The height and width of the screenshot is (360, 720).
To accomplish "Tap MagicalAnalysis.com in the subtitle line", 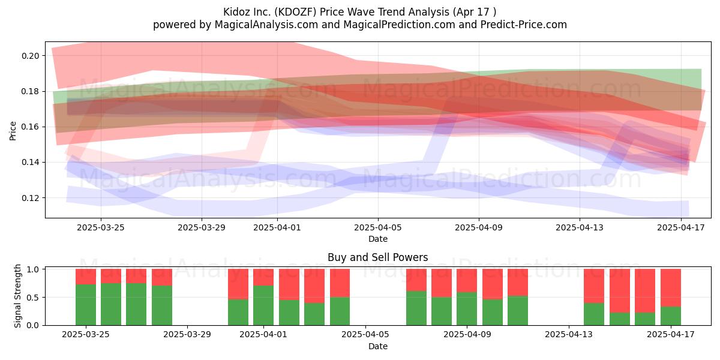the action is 266,25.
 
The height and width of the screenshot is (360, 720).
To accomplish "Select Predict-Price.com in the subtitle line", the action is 524,25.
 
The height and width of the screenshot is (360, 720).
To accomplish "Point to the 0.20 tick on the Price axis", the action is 30,56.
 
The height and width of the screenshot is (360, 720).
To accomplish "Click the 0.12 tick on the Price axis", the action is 30,198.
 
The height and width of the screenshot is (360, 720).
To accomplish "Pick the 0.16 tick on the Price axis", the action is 30,127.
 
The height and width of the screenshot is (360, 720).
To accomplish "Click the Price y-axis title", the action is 13,131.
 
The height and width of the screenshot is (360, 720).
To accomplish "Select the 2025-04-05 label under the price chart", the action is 378,227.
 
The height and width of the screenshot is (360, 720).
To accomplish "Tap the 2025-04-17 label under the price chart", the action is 681,227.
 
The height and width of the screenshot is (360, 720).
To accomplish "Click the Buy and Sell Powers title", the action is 377,257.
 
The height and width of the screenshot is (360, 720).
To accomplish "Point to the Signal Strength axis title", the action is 17,296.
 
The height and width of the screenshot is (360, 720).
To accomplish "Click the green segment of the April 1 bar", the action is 263,305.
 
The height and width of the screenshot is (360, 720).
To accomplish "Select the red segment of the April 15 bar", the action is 620,291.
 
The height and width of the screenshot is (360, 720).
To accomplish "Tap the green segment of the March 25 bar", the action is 86,305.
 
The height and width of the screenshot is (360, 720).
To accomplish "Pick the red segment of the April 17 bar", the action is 671,288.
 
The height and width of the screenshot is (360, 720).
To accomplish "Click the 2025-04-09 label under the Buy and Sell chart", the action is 467,335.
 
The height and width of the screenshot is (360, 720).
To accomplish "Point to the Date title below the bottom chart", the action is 378,347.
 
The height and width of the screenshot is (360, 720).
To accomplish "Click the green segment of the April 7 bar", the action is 416,308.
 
